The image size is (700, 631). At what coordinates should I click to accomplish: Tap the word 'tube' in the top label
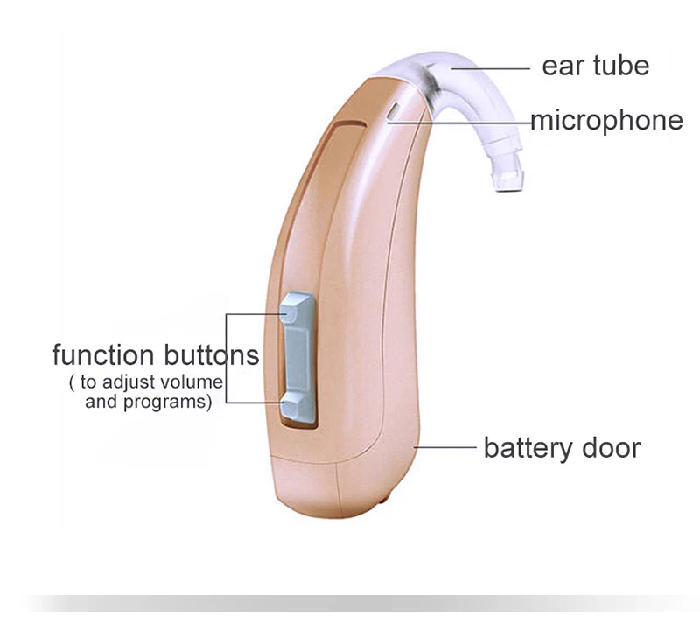[619, 67]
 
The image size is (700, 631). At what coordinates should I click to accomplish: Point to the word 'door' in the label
[612, 448]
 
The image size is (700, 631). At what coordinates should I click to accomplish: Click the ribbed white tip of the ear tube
[507, 178]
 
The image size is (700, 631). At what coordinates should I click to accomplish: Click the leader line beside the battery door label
[446, 447]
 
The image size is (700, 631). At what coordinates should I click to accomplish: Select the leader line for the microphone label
[464, 123]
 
